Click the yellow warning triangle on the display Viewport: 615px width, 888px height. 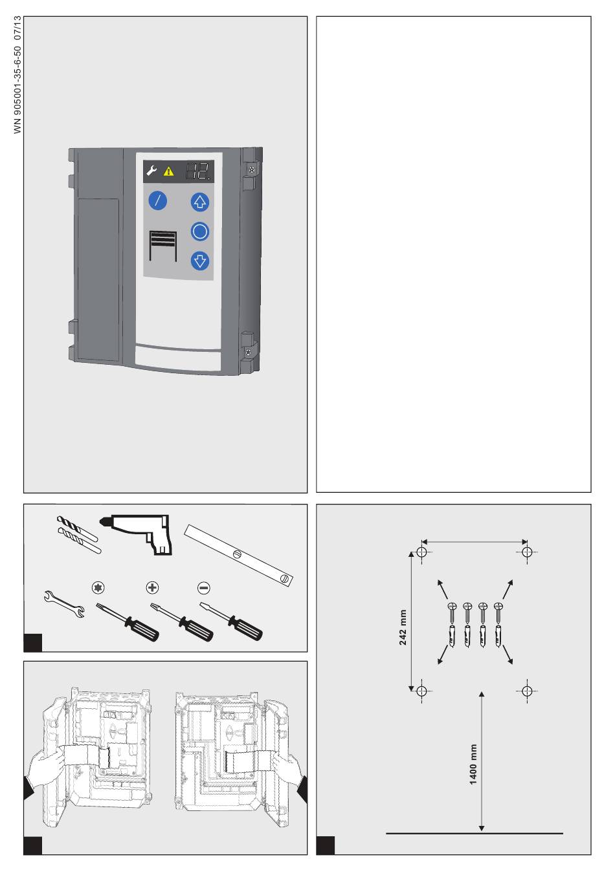click(x=168, y=171)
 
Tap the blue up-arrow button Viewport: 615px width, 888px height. click(x=199, y=202)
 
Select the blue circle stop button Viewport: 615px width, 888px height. click(x=199, y=232)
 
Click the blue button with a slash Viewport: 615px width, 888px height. click(x=157, y=200)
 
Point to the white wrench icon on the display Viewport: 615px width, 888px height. click(x=151, y=171)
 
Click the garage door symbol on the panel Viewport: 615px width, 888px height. click(x=162, y=246)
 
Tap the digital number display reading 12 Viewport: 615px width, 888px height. click(x=197, y=171)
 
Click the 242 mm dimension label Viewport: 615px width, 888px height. click(x=402, y=627)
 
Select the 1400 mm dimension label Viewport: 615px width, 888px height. click(x=473, y=764)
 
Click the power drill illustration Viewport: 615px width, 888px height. click(x=136, y=534)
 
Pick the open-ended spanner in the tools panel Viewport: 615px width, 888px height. click(x=64, y=604)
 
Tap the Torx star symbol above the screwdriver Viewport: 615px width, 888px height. click(x=98, y=587)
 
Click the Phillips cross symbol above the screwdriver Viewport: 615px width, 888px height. click(x=152, y=587)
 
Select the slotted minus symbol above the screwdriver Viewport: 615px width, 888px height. click(x=203, y=588)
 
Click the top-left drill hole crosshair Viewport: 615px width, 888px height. click(x=421, y=552)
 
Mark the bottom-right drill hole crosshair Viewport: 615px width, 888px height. click(x=527, y=691)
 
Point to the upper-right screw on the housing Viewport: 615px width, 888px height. click(x=251, y=169)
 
